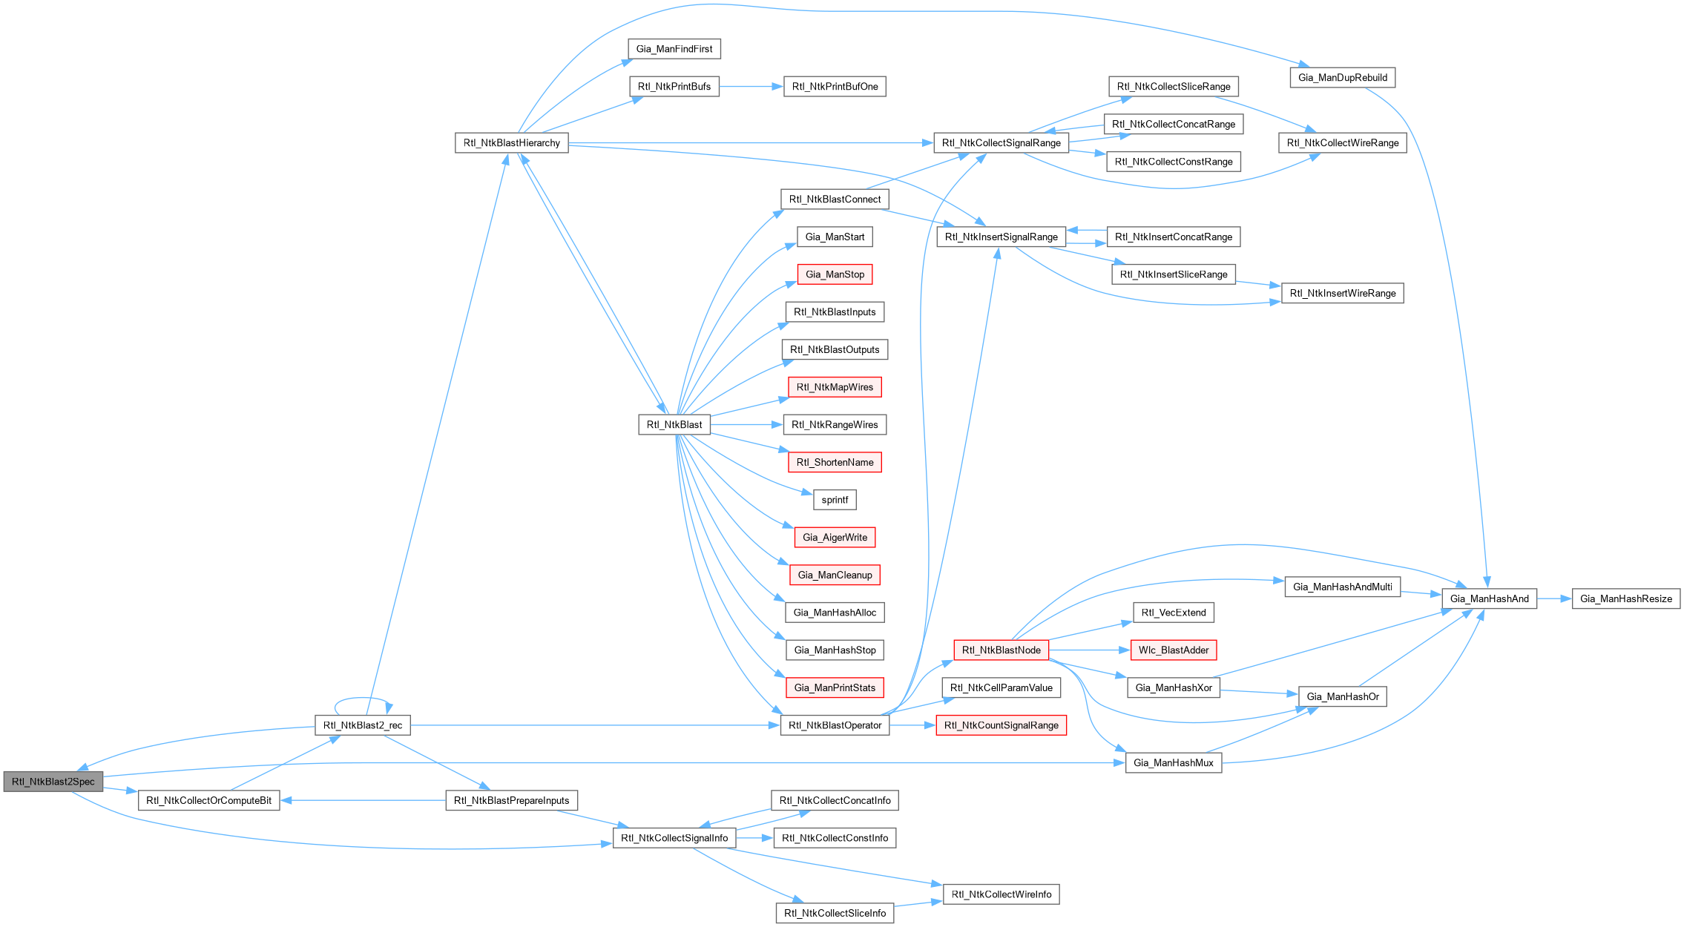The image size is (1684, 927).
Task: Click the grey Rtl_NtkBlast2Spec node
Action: (x=53, y=782)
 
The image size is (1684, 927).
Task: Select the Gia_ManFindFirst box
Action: (x=674, y=49)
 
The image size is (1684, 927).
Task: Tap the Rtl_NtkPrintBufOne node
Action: (x=835, y=87)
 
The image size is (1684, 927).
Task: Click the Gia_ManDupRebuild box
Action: (x=1342, y=78)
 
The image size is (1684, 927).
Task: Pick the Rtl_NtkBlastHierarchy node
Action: (x=511, y=143)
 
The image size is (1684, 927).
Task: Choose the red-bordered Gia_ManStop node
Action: (x=835, y=274)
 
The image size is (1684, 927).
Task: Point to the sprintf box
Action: (x=835, y=500)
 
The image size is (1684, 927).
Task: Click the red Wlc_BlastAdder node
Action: (x=1174, y=650)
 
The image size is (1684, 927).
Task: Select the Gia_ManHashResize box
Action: (x=1625, y=599)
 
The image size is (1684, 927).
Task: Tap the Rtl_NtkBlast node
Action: (x=674, y=425)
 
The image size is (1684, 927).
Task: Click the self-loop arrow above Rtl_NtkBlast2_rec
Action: (x=363, y=699)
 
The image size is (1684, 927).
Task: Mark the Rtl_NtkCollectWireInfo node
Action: (x=1001, y=894)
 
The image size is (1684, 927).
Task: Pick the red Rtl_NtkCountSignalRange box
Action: (x=1001, y=725)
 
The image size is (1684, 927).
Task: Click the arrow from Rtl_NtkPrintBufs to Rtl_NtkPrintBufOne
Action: (x=751, y=87)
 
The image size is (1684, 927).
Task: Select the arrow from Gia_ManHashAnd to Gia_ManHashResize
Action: (x=1554, y=599)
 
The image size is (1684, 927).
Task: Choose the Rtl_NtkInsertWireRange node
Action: (x=1342, y=294)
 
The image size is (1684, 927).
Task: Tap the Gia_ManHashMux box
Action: (x=1173, y=763)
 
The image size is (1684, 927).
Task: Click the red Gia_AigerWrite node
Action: (x=835, y=538)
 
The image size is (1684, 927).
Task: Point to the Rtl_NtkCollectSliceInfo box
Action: (x=835, y=914)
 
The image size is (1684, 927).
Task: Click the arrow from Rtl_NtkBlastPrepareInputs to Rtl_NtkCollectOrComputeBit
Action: (x=363, y=801)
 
